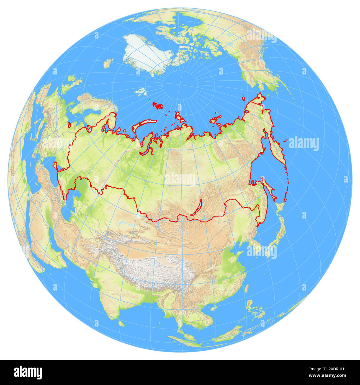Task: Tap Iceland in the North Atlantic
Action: click(x=109, y=63)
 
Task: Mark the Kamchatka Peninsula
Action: click(x=277, y=150)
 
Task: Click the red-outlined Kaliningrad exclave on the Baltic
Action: click(x=69, y=125)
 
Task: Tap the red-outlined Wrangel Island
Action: click(x=243, y=98)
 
